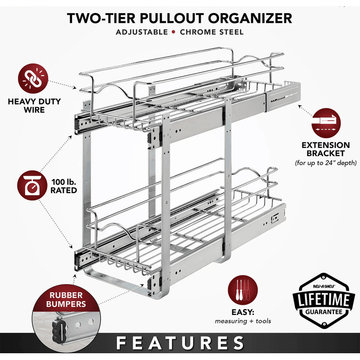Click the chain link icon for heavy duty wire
click(33, 78)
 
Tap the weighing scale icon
click(32, 185)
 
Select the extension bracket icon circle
click(326, 123)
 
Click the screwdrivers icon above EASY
click(243, 290)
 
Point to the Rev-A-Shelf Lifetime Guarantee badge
click(324, 301)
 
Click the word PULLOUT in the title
click(172, 18)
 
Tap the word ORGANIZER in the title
click(250, 18)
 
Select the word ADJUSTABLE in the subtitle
click(142, 32)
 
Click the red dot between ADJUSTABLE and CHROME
click(174, 32)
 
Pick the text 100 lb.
click(63, 182)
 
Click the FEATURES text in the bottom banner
click(180, 343)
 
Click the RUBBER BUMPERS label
click(66, 300)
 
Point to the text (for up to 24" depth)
click(326, 163)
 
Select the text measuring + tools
click(243, 321)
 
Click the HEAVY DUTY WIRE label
click(34, 106)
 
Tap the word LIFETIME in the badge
click(324, 300)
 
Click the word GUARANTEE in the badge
click(324, 312)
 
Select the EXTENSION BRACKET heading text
click(326, 149)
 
